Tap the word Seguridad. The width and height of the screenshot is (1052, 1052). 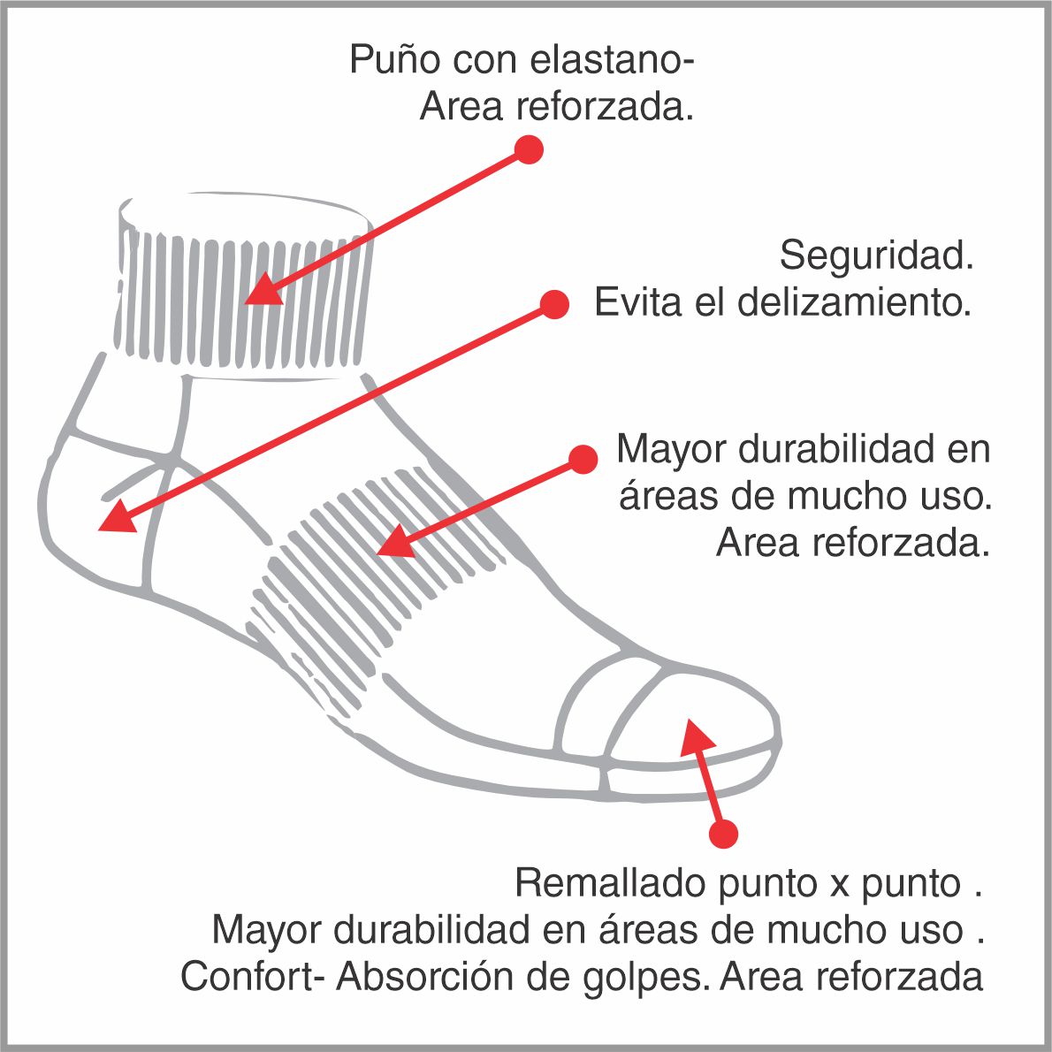pyautogui.click(x=876, y=256)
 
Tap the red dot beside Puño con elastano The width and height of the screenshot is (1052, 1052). pyautogui.click(x=529, y=149)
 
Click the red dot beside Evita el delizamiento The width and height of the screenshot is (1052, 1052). pyautogui.click(x=554, y=305)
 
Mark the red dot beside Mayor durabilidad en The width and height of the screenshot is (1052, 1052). pyautogui.click(x=583, y=459)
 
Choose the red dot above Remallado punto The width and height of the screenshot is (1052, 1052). pyautogui.click(x=723, y=834)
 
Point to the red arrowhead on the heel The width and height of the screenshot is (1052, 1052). pyautogui.click(x=115, y=518)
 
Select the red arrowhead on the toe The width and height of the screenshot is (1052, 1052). pyautogui.click(x=694, y=736)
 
